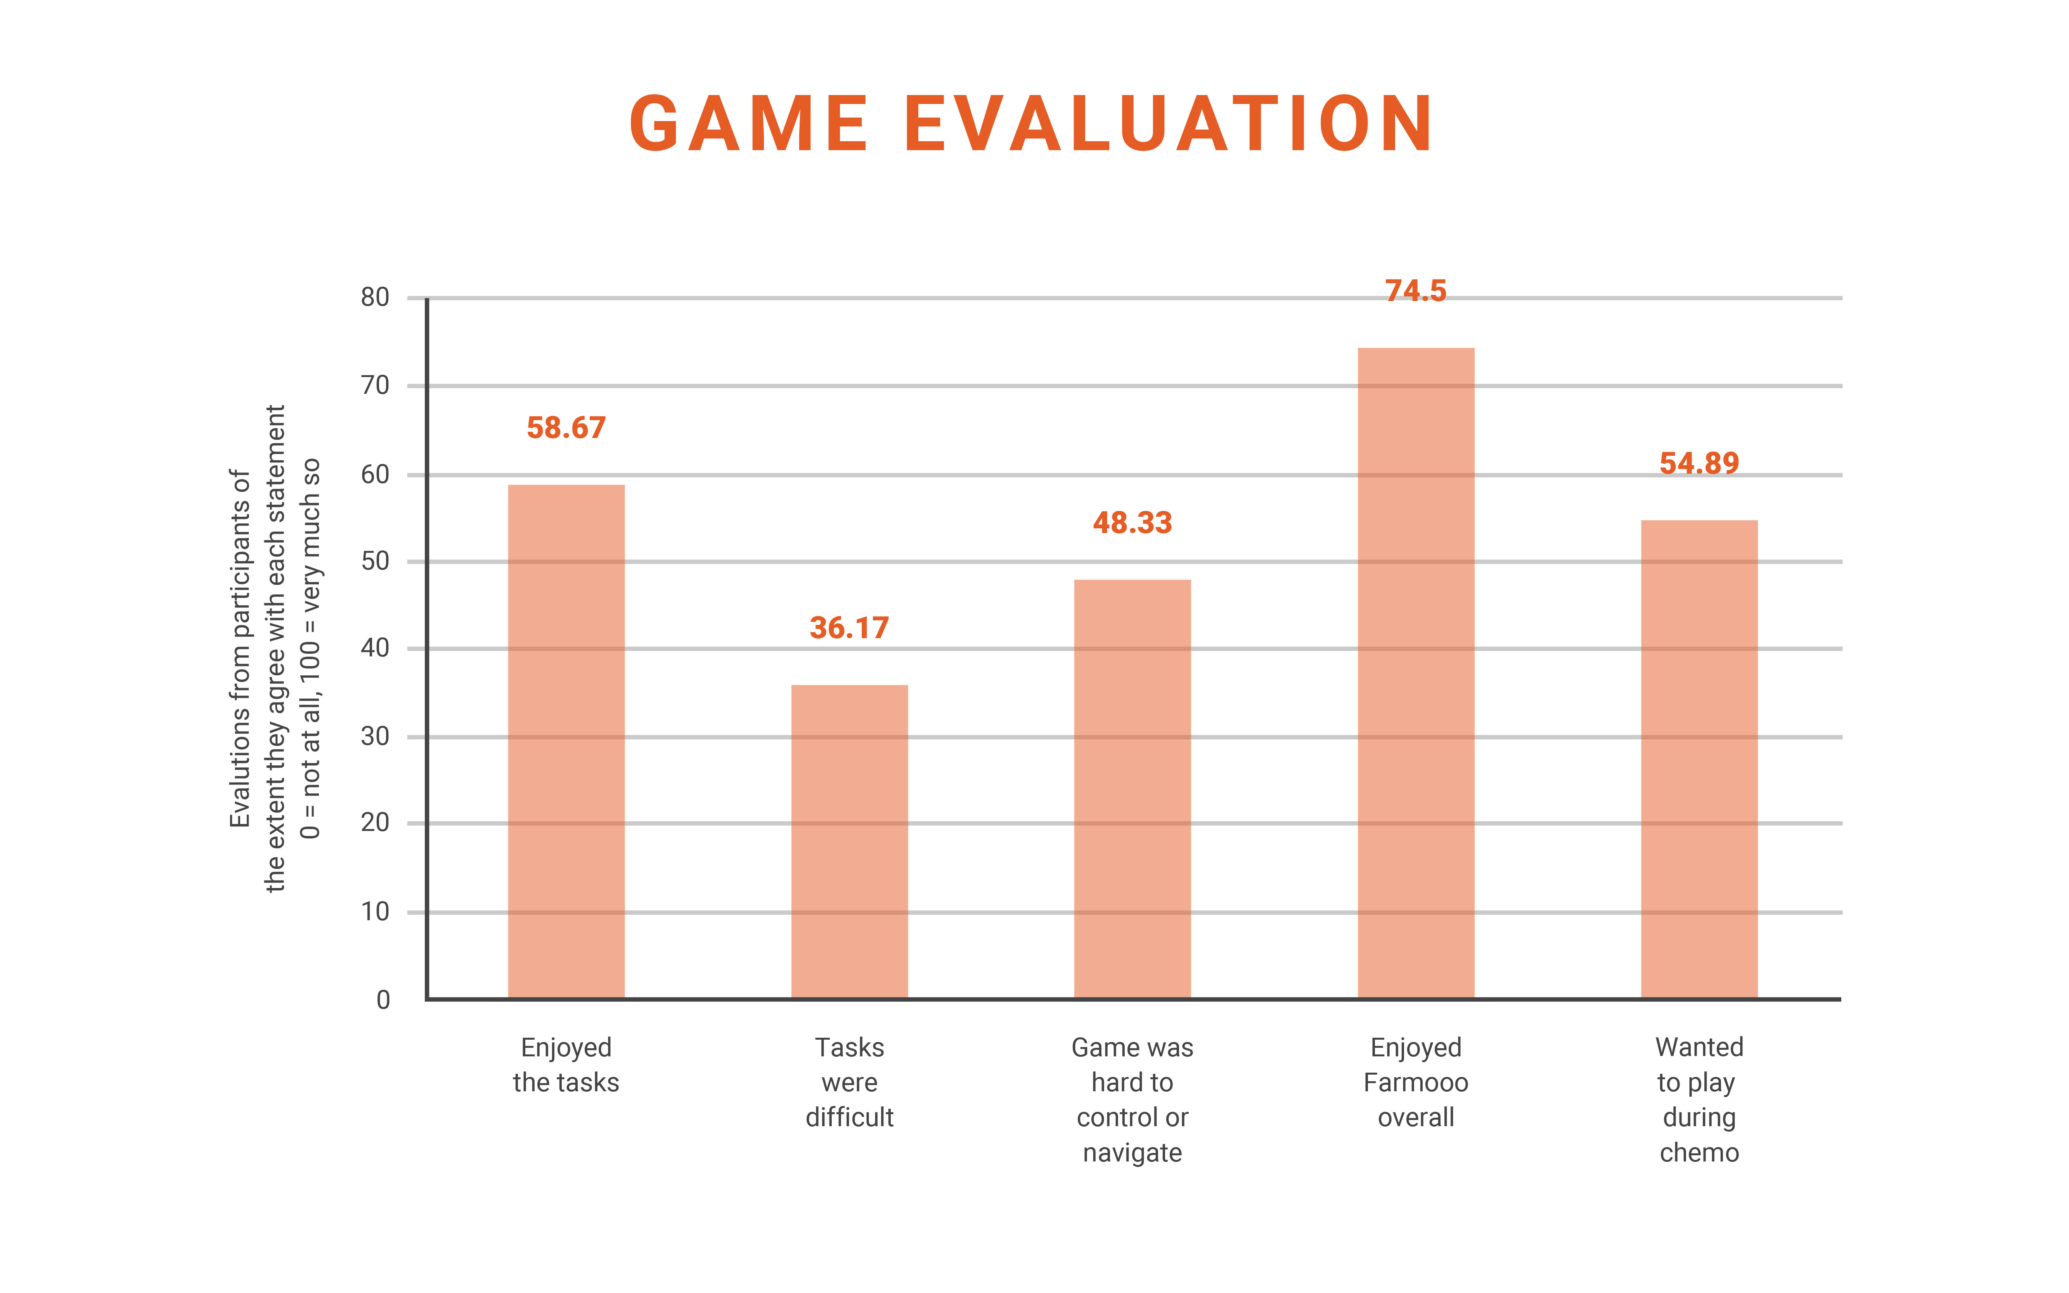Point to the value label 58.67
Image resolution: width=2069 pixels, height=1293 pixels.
566,428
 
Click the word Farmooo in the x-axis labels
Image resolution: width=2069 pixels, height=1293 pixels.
1416,1083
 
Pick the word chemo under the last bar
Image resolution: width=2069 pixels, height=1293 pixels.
1699,1153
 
